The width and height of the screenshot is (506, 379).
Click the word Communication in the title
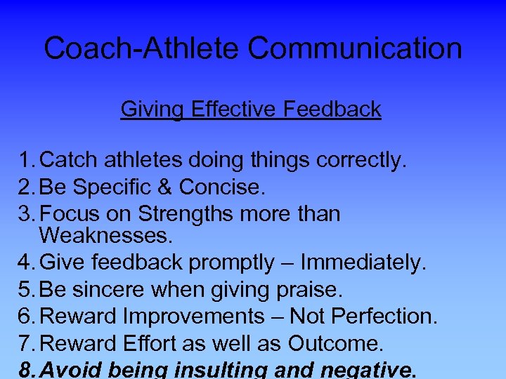tap(355, 49)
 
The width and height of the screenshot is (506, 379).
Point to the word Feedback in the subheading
tap(332, 109)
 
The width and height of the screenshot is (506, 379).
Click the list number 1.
tap(27, 161)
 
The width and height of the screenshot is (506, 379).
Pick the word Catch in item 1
tap(70, 161)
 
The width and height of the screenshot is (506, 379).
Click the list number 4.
tap(27, 262)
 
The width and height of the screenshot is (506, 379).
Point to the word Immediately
tap(362, 262)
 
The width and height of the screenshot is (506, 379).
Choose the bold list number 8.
tap(27, 369)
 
